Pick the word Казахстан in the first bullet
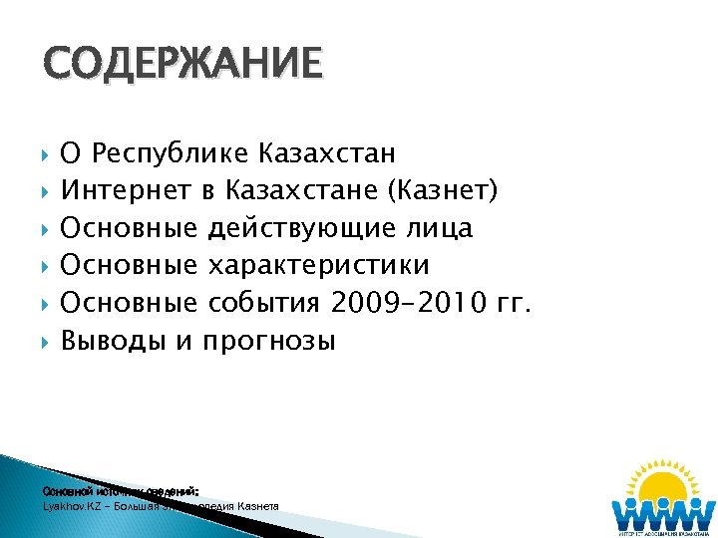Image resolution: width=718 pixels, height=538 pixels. point(326,154)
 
